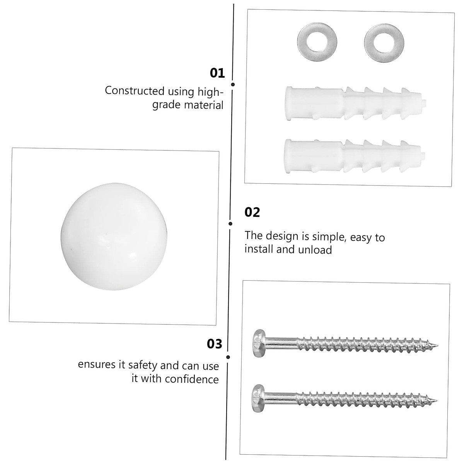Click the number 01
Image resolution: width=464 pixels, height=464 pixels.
217,73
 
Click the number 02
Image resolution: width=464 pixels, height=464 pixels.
252,212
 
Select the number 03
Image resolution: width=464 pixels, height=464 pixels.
215,344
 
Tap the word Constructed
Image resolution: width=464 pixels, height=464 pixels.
135,91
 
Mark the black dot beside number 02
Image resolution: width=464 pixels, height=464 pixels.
230,223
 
